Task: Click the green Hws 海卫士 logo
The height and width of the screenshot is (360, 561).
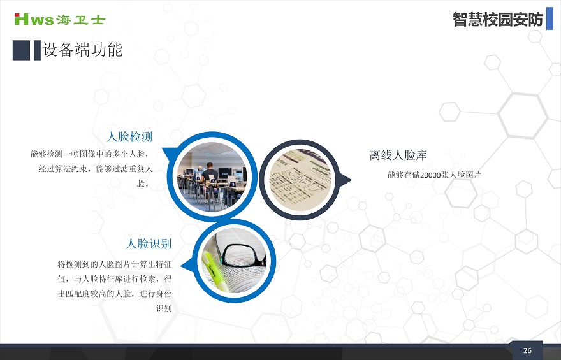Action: [60, 19]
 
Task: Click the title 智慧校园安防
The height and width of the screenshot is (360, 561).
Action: [498, 19]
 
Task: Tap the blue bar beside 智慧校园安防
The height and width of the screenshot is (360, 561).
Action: [550, 18]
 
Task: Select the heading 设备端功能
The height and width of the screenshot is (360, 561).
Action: [83, 50]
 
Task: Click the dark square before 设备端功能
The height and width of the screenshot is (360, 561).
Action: [21, 50]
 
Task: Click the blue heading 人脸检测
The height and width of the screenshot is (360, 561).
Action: [129, 136]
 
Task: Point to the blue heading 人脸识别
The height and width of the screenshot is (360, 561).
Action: [149, 244]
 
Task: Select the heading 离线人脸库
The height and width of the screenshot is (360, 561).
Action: [398, 155]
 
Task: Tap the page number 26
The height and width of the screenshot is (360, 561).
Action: [527, 350]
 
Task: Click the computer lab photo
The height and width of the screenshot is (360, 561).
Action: [212, 176]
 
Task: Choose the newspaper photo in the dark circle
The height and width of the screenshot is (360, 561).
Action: [300, 180]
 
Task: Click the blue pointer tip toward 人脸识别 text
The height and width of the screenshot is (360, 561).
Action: [181, 266]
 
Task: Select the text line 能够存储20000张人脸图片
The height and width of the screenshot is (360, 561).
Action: [434, 175]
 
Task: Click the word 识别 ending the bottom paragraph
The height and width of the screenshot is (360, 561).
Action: [164, 308]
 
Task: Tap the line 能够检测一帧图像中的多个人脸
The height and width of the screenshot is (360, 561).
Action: [89, 154]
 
